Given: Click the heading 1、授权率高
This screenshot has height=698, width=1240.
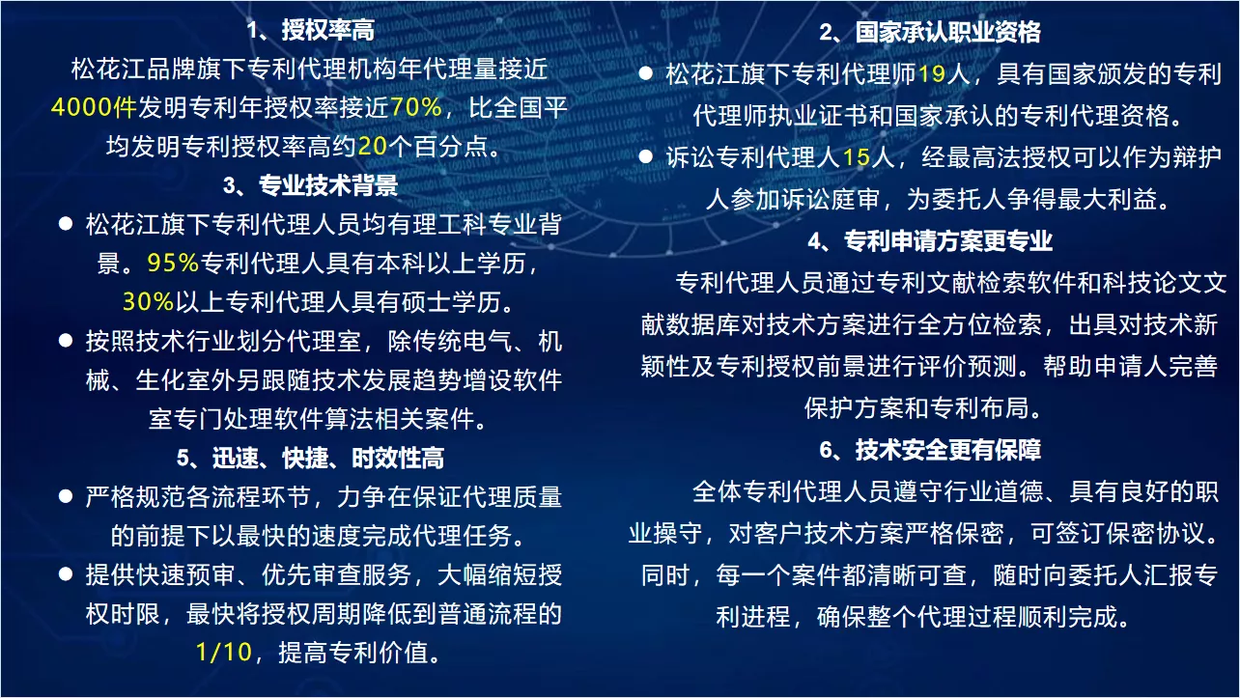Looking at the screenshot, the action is pos(311,30).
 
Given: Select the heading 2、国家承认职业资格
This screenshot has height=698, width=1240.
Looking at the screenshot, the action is pos(930,32).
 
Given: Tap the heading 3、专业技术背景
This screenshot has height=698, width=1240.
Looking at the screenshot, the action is pos(311,185).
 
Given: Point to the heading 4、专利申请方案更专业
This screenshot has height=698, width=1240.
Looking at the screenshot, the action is pos(930,240).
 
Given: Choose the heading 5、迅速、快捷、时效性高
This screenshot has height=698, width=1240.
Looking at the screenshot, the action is pos(311,458).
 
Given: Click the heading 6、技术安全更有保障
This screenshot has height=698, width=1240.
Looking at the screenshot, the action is pos(930,450).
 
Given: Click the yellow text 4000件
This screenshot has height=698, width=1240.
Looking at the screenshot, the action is pos(94,107).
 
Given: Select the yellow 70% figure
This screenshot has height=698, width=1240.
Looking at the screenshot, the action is pos(415,107).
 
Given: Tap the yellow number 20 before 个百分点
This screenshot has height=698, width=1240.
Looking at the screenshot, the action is pos(373,146).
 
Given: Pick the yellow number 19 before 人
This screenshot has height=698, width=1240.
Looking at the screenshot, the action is pos(932,73).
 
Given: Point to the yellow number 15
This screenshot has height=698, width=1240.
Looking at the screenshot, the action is pos(857,157).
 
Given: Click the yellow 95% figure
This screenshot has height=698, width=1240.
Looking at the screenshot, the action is pos(173,263).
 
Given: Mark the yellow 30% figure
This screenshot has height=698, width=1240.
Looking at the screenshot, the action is pos(149,301).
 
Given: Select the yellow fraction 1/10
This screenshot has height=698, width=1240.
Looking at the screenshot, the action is pos(224,652).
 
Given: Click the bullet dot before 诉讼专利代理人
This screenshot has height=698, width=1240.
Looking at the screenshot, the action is pos(645,157).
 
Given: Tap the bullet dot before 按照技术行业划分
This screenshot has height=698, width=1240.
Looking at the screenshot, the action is pos(66,341).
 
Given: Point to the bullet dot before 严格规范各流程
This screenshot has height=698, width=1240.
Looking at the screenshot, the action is pos(66,496).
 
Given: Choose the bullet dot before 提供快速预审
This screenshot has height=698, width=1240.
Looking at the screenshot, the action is pos(66,574).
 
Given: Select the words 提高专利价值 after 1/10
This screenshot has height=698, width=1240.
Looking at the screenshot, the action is pos(353,652).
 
